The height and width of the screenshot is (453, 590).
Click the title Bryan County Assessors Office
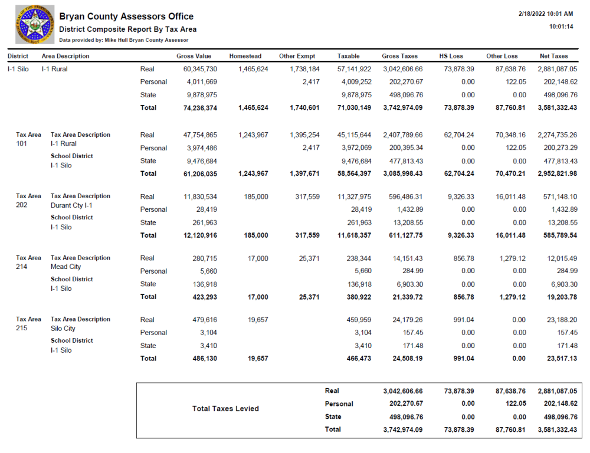point(126,17)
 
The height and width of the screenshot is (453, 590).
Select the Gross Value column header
point(194,56)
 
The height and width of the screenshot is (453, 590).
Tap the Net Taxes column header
point(553,56)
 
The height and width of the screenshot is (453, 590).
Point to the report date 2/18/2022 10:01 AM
point(546,14)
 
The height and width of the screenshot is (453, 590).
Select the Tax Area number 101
point(22,144)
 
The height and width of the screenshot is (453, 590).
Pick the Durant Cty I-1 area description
point(71,205)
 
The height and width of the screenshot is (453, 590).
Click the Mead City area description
point(65,267)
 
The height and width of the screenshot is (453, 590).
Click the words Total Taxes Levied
point(225,409)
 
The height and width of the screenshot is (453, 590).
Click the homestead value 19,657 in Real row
point(254,320)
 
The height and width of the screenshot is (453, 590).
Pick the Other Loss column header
point(501,56)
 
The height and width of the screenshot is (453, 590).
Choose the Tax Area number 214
point(22,267)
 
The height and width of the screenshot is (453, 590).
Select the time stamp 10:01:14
point(560,27)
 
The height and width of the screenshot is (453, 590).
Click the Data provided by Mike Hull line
point(123,40)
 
